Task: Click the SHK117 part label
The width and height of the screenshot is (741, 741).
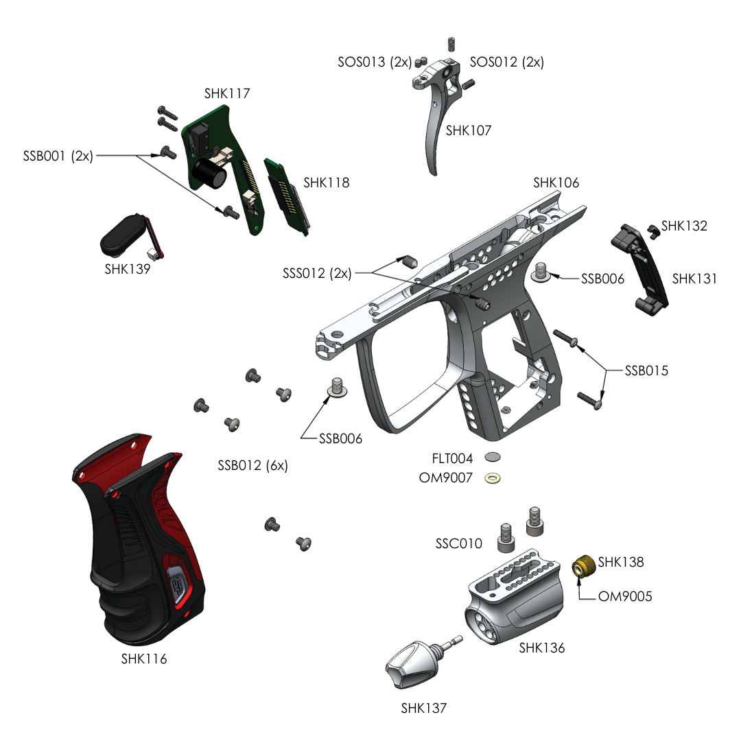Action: tap(227, 93)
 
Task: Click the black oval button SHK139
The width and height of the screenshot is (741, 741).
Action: tap(123, 235)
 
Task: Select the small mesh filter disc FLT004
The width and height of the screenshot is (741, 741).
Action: tap(493, 457)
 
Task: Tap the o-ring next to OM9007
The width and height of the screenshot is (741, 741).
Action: tap(493, 478)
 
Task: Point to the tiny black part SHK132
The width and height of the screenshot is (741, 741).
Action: tap(652, 231)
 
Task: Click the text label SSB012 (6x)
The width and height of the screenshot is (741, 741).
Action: tap(252, 465)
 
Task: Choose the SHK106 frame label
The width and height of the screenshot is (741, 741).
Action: tap(556, 183)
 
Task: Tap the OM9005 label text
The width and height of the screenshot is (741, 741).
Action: tap(625, 596)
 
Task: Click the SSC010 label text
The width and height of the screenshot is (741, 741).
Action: tap(458, 543)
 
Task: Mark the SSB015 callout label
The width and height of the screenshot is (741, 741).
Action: tap(646, 370)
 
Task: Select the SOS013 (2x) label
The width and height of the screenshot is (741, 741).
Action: tap(374, 62)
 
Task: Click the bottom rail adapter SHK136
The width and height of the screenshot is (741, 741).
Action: tap(515, 597)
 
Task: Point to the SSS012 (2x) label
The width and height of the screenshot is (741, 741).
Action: tap(317, 273)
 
